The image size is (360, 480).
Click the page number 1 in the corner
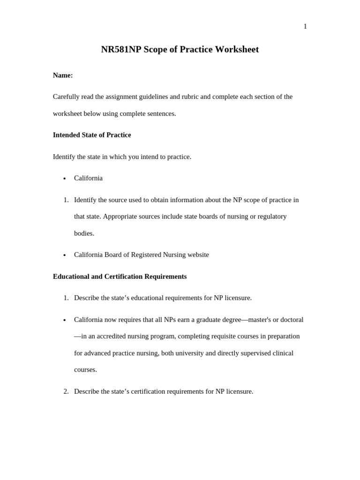click(x=305, y=27)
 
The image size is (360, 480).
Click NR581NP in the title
click(x=121, y=50)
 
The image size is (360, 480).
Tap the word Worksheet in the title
click(x=237, y=50)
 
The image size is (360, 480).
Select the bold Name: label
click(x=63, y=75)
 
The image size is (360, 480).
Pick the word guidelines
click(x=150, y=97)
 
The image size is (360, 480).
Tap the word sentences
click(x=161, y=114)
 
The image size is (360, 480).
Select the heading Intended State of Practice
click(x=92, y=135)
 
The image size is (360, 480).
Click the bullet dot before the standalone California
click(x=65, y=179)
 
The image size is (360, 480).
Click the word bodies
click(x=84, y=233)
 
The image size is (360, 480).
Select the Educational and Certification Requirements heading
click(x=120, y=277)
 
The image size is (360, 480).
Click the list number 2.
click(x=66, y=391)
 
